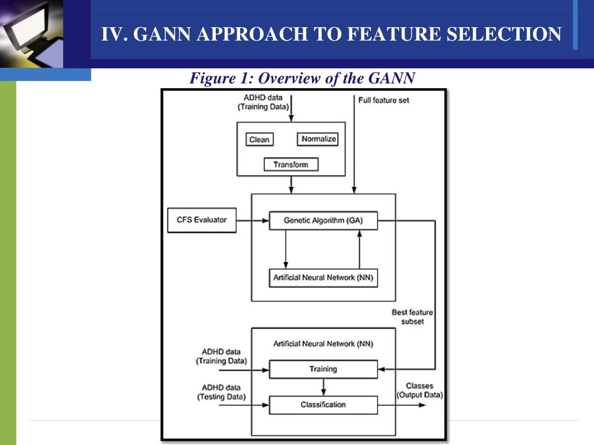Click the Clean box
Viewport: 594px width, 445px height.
point(259,140)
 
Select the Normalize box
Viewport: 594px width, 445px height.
point(318,139)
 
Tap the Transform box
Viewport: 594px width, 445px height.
point(291,165)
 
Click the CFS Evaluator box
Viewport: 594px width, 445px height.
point(202,220)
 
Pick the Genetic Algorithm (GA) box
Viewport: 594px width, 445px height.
point(323,220)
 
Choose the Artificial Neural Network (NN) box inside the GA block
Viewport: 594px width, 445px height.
point(323,278)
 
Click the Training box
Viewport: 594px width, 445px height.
point(323,369)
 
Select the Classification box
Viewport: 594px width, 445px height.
point(323,404)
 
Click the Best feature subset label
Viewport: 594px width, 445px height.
point(412,317)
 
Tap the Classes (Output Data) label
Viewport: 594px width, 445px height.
point(419,391)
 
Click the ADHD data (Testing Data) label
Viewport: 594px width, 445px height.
point(221,392)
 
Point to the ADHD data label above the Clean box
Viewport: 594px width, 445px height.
point(263,102)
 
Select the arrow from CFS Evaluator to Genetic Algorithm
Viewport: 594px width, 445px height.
point(252,220)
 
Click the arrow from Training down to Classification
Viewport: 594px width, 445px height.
point(323,386)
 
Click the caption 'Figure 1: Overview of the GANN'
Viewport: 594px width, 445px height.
point(302,78)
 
